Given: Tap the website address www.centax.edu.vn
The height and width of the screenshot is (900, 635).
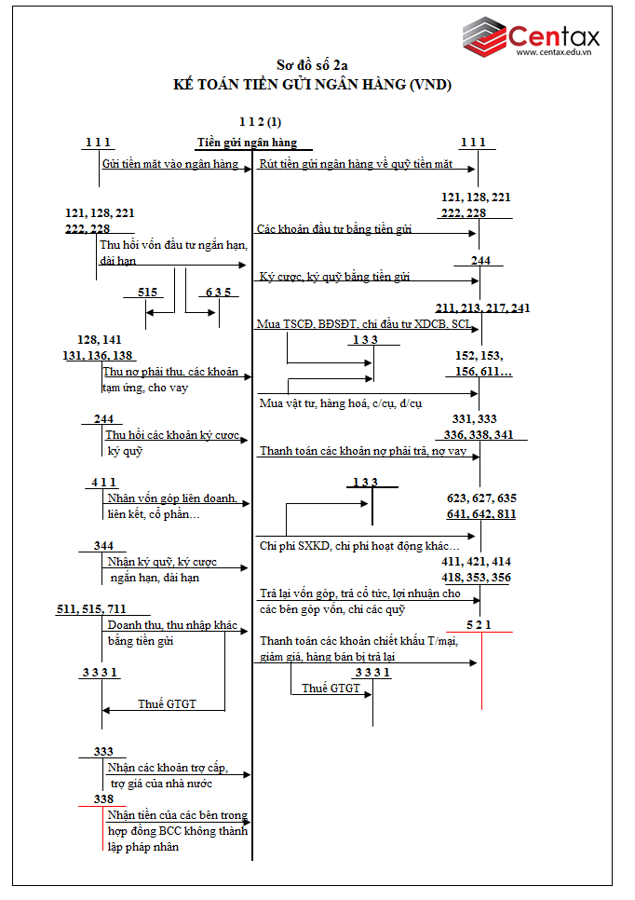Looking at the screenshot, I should coord(557,53).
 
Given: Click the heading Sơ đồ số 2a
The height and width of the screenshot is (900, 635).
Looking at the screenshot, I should coord(313,65).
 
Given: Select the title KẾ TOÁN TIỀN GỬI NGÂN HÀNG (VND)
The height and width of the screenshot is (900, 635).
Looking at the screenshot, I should coord(313,85).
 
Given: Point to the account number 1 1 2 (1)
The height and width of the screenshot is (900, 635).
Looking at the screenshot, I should coord(260,122).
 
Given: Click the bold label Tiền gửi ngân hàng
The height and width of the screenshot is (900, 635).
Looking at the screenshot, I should coord(247,143).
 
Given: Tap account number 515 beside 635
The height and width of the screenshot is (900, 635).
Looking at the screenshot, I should coord(147,292).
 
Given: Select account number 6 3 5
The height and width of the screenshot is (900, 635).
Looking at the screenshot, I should coord(219,292).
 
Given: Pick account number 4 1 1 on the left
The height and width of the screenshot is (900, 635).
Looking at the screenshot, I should coord(103,482).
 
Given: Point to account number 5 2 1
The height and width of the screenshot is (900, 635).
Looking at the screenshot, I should coord(480,623).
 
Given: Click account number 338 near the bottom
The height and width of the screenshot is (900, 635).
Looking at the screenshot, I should coord(103,798).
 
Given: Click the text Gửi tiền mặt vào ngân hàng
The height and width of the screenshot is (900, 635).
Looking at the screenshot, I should coord(170,164).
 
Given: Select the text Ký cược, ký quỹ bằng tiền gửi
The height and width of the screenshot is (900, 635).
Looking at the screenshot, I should coord(334,277).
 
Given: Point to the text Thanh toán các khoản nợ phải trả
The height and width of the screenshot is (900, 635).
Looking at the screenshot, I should coord(363,451).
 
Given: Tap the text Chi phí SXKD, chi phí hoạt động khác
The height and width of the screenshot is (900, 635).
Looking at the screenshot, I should coord(359,545).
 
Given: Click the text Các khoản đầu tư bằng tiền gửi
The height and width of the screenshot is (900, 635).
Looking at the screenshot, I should coord(334,229).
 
